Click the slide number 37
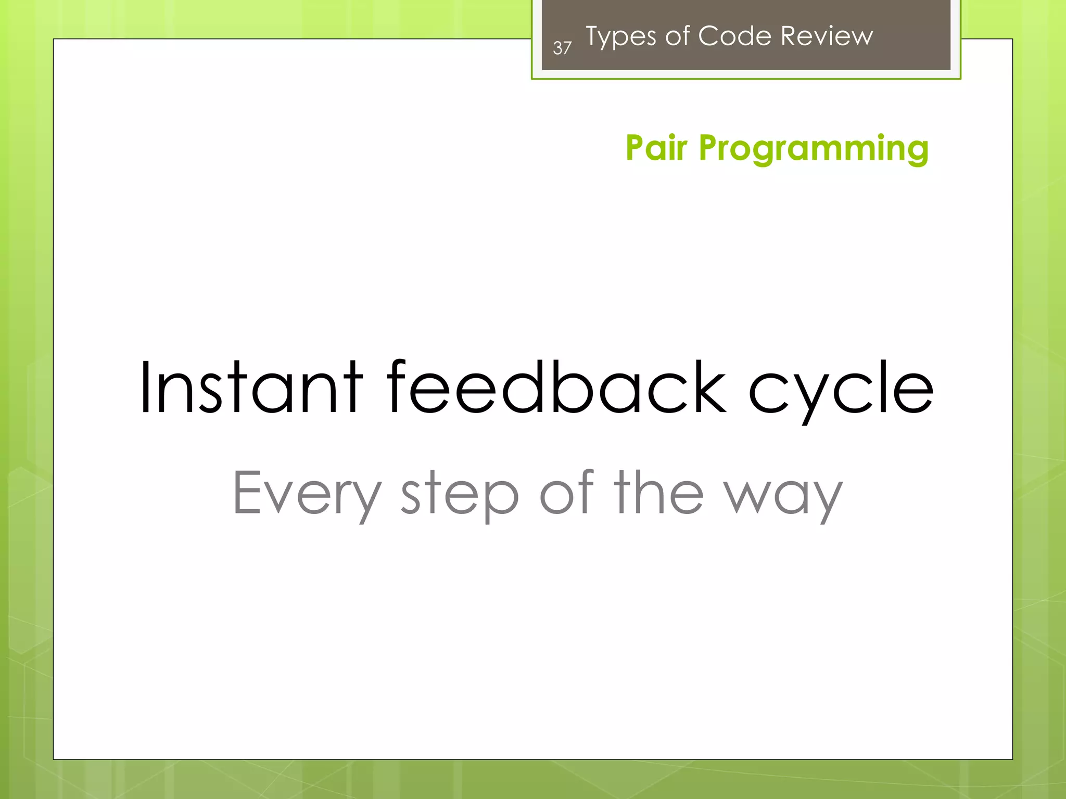[562, 48]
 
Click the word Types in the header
[621, 37]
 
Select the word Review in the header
[827, 36]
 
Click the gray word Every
[307, 493]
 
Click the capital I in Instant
[146, 388]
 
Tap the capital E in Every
[247, 492]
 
